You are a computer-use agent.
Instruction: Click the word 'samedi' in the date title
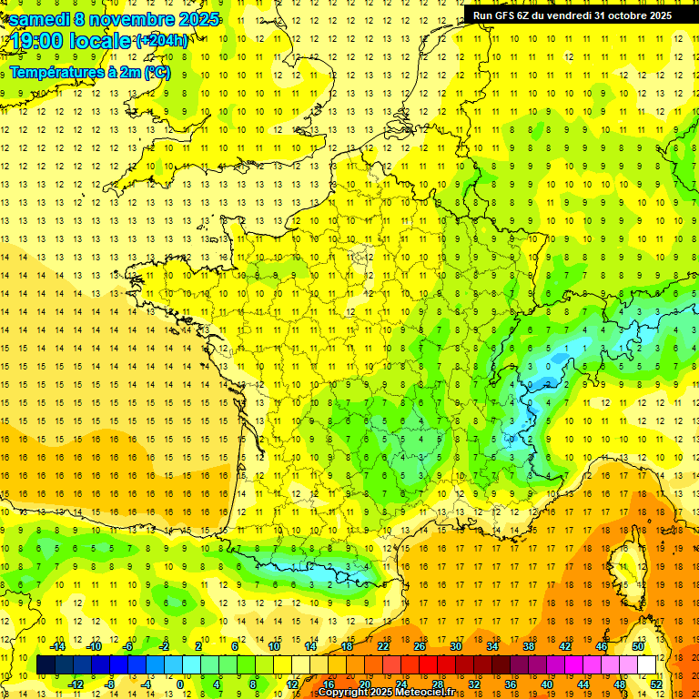[x=39, y=19]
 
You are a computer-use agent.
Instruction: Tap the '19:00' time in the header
[x=35, y=42]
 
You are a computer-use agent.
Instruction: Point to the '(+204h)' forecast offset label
[x=161, y=40]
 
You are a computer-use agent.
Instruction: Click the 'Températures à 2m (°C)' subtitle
[x=89, y=72]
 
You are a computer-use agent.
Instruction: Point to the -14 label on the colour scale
[x=56, y=646]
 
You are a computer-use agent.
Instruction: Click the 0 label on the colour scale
[x=180, y=684]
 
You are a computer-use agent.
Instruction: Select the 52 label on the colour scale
[x=655, y=684]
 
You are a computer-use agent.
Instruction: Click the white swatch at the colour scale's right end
[x=646, y=665]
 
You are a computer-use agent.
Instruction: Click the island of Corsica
[x=626, y=563]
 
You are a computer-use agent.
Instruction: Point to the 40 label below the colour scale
[x=546, y=684]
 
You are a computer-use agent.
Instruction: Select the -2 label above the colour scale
[x=165, y=646]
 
